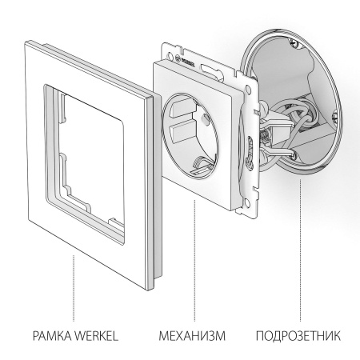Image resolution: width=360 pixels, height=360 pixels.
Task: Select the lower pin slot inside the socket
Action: (181, 129)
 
